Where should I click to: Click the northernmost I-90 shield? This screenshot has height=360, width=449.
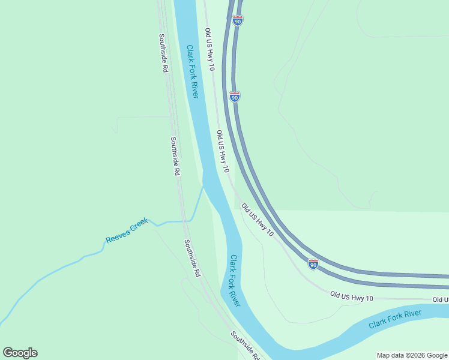click(x=238, y=21)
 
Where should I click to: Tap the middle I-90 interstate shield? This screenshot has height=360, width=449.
click(x=235, y=96)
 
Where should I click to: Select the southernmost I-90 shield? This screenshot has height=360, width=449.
click(x=313, y=264)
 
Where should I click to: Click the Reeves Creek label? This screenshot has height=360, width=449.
click(x=127, y=231)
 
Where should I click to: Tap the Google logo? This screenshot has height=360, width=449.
click(x=20, y=353)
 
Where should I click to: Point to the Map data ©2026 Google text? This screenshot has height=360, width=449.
click(x=412, y=355)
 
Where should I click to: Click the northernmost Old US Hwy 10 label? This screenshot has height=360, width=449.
click(x=209, y=49)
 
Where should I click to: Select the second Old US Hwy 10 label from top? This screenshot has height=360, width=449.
click(x=223, y=151)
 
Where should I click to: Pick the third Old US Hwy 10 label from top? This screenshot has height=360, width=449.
click(x=258, y=220)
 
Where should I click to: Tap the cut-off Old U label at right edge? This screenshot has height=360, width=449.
click(x=441, y=299)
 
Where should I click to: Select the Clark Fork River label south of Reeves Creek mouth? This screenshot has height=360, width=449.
click(x=235, y=281)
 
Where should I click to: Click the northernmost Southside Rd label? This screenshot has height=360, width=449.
click(x=162, y=53)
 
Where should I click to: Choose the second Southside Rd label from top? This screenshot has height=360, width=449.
click(x=175, y=156)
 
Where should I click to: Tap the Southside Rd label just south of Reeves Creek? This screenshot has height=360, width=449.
click(x=192, y=259)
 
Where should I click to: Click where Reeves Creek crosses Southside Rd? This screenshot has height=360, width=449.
click(x=184, y=221)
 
